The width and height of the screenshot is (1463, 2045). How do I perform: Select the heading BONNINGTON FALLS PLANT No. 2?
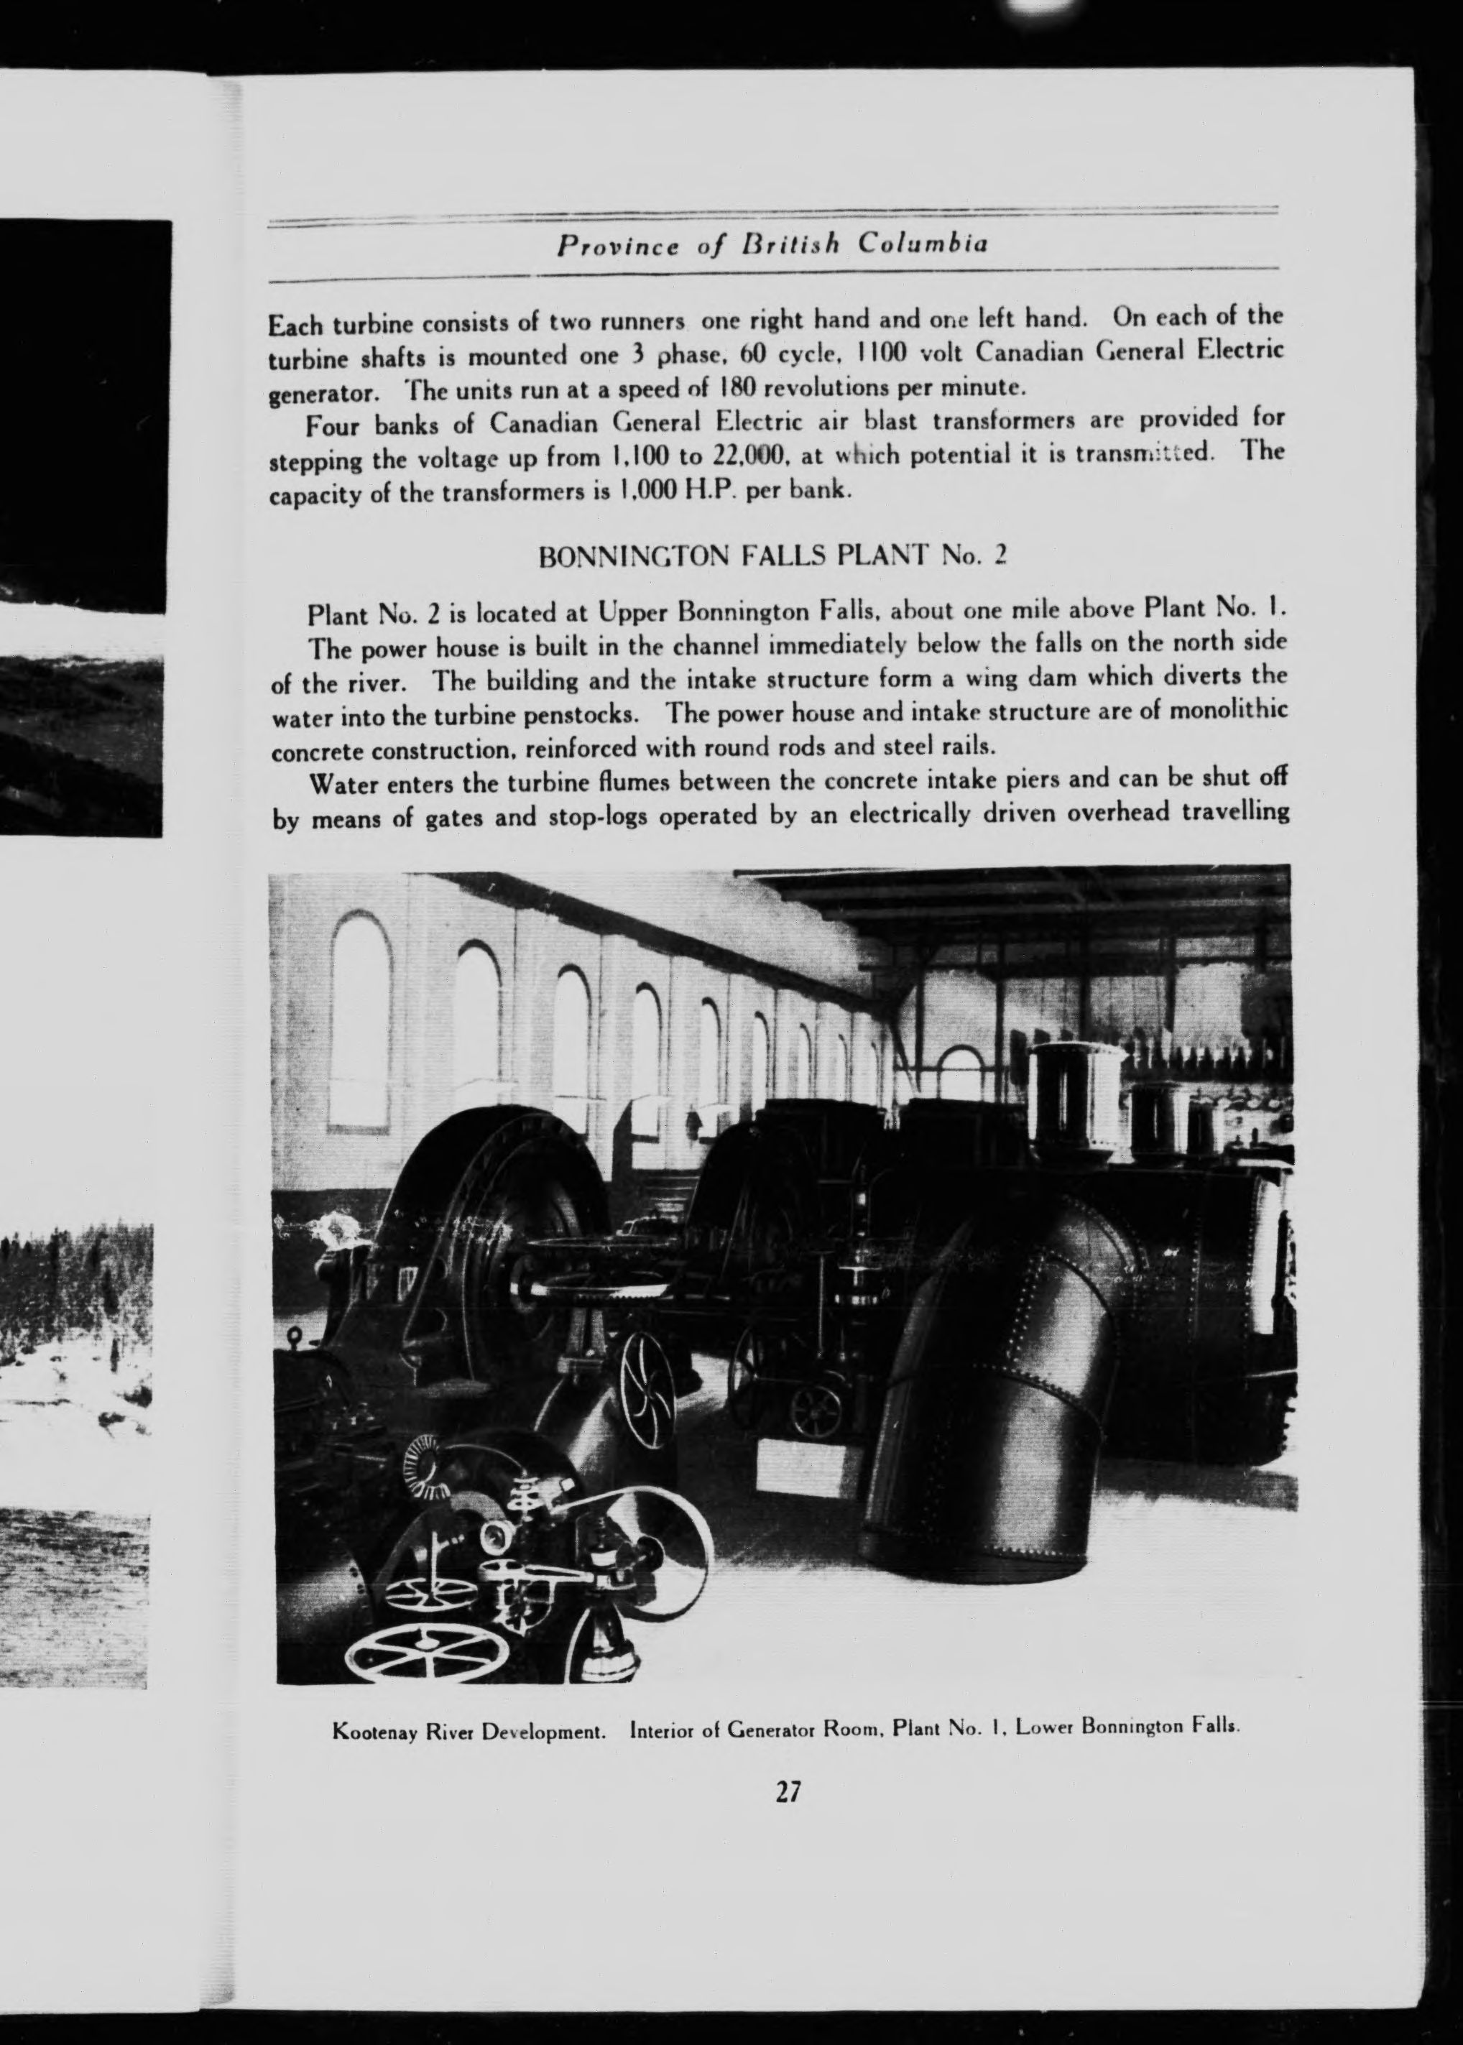[771, 556]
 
